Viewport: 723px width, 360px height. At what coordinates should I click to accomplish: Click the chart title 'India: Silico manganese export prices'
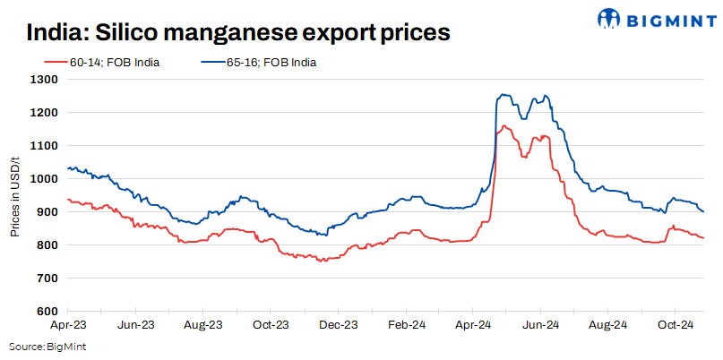237,33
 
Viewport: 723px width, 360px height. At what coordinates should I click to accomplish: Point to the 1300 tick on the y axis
44,80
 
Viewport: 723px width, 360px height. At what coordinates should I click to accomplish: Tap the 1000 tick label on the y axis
44,179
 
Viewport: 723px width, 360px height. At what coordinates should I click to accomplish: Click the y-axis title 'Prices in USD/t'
15,195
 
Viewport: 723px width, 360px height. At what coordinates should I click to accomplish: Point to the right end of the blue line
703,211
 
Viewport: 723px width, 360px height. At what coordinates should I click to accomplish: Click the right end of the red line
703,237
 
